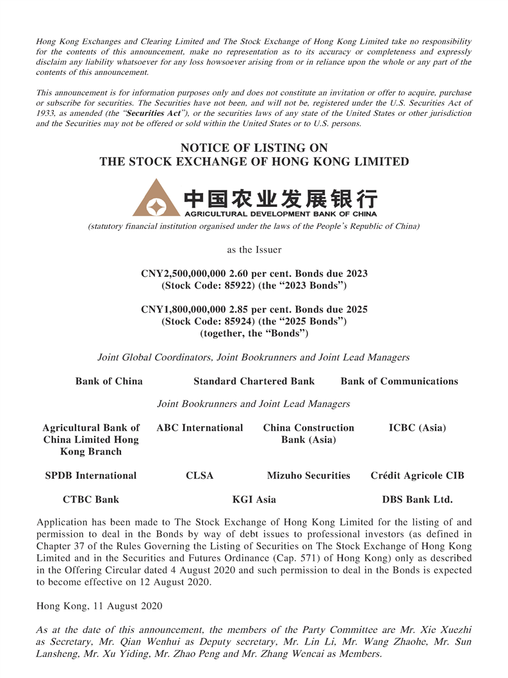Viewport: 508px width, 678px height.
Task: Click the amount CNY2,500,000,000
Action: tap(184, 274)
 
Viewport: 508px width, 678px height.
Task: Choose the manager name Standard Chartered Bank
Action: tap(254, 381)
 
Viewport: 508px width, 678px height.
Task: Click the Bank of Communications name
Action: tap(399, 381)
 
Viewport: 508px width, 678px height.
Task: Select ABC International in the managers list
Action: tap(200, 427)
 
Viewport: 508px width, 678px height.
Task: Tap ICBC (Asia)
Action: tap(417, 427)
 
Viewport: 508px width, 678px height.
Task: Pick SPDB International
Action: tap(91, 475)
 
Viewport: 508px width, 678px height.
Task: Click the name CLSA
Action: tap(199, 475)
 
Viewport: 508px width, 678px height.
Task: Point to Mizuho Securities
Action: tap(308, 475)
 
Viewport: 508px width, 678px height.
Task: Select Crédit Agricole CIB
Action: tap(417, 475)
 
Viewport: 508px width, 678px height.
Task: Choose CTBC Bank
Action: tap(91, 499)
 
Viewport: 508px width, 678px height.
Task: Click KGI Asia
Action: tap(254, 499)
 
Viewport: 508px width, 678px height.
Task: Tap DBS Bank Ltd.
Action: tap(417, 499)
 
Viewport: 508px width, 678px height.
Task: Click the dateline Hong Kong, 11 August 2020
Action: tap(99, 606)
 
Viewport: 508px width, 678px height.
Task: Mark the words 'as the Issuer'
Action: tap(254, 249)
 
